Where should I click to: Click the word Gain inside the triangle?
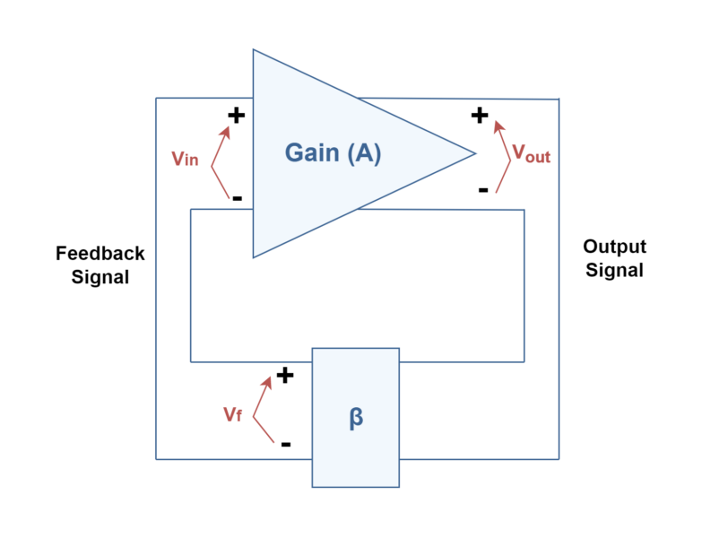[x=311, y=153]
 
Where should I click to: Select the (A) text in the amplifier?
[x=363, y=153]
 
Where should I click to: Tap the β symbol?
[x=356, y=418]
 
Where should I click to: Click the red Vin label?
[x=185, y=159]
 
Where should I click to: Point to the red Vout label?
[x=531, y=154]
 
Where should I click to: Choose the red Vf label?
[x=232, y=414]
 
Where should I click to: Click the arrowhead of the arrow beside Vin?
[x=226, y=129]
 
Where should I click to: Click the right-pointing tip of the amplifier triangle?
[x=476, y=153]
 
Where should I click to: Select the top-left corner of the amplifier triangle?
[x=253, y=49]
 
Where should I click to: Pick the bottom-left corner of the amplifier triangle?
[x=253, y=258]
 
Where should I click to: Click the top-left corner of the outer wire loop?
[x=156, y=98]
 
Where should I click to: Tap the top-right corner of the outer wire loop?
[x=559, y=99]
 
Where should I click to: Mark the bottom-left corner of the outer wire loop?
[x=156, y=459]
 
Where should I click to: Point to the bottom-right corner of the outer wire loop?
[x=559, y=459]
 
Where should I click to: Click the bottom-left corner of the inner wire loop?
[x=190, y=361]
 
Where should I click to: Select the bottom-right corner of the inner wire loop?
[x=524, y=361]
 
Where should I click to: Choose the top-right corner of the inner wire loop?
[x=524, y=210]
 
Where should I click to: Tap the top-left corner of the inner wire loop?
[x=190, y=210]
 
